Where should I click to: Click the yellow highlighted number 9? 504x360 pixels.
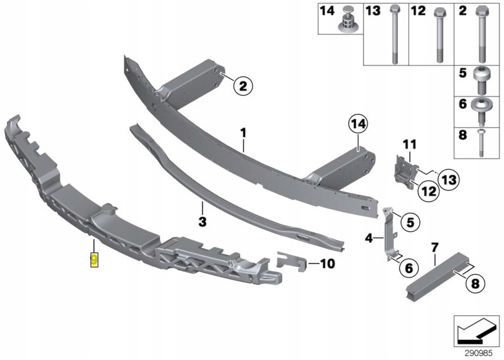(94, 260)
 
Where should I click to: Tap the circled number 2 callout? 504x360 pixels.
(243, 86)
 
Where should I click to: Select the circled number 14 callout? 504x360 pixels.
(358, 124)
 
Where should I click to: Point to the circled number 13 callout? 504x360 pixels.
(449, 179)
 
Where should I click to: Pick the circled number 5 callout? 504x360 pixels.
(410, 222)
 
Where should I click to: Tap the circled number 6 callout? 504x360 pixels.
(409, 267)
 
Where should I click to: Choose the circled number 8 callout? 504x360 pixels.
(475, 284)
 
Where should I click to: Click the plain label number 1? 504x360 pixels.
(243, 133)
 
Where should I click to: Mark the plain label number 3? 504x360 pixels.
(202, 221)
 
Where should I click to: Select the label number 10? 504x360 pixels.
(327, 264)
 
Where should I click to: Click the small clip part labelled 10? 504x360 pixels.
(292, 261)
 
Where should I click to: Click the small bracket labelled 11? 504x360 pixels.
(406, 173)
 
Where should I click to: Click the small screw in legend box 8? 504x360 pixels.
(481, 143)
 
